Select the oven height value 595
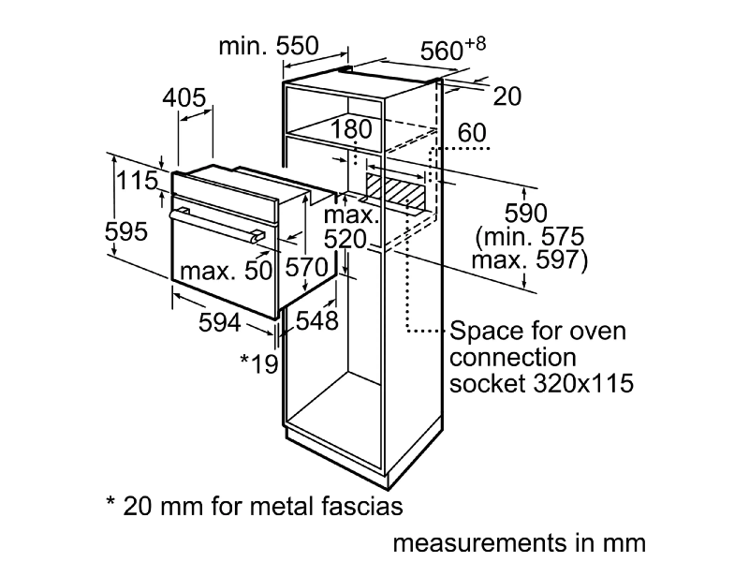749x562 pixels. [126, 231]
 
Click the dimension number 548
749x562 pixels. [316, 320]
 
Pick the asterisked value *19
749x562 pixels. [258, 362]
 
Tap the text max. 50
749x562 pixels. [225, 271]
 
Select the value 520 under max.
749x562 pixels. [343, 241]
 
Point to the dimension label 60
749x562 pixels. [472, 133]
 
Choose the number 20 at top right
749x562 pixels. [507, 96]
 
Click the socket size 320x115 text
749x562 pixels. [576, 382]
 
